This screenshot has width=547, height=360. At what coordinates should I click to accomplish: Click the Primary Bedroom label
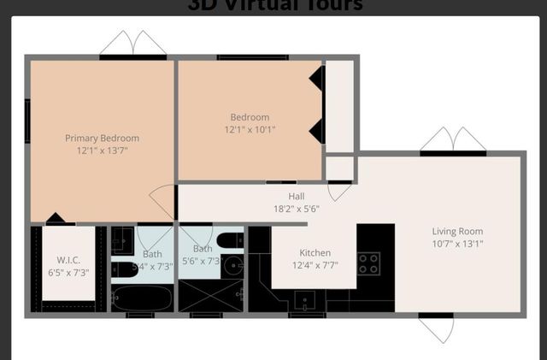click(102, 138)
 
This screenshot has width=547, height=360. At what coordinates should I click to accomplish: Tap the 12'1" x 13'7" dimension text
click(102, 150)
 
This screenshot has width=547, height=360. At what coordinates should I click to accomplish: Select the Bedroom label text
click(250, 117)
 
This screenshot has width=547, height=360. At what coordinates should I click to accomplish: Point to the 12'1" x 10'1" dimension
click(250, 130)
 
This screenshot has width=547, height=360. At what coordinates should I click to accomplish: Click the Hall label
click(296, 197)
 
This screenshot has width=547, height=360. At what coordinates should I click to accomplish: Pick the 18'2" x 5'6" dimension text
click(296, 209)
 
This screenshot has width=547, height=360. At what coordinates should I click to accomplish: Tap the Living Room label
click(457, 231)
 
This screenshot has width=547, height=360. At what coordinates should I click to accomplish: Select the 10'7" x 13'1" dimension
click(457, 244)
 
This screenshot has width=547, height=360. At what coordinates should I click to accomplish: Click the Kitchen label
click(315, 253)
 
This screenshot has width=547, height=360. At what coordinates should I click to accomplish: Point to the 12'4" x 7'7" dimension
click(315, 265)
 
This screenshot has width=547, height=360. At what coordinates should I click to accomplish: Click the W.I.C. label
click(68, 260)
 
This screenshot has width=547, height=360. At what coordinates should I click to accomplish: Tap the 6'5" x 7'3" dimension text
click(68, 273)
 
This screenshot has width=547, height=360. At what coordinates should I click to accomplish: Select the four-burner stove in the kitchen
click(368, 263)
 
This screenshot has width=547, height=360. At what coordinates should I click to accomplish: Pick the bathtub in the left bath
click(143, 298)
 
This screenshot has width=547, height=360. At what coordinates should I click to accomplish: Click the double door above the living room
click(453, 139)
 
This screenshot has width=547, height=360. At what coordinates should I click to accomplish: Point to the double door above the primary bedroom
click(132, 44)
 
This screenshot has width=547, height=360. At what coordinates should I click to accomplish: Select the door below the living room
click(436, 328)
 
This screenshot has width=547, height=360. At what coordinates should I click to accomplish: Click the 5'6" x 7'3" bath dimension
click(202, 261)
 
